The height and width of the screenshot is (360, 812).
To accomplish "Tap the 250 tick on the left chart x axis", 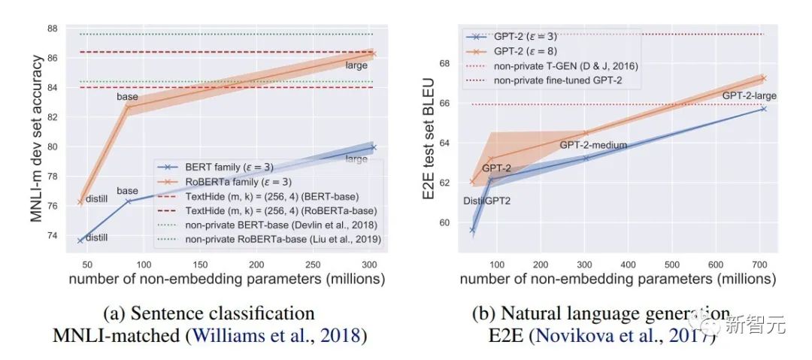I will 314,264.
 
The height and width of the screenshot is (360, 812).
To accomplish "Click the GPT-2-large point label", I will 749,95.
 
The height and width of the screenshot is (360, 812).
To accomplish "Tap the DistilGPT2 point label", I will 487,201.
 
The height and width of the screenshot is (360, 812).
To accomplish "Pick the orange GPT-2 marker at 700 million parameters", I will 762,77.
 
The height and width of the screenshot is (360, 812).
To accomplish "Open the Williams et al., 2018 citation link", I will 275,334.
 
